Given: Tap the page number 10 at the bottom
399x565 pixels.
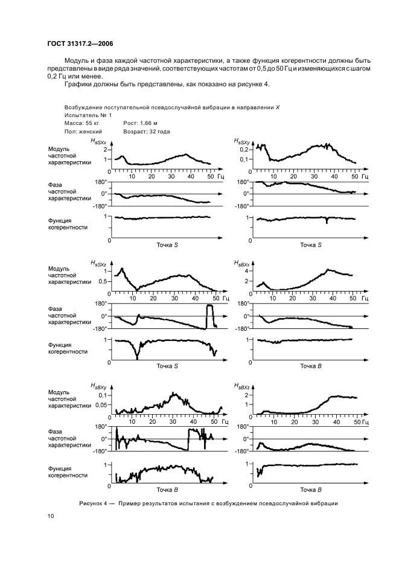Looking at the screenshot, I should [x=51, y=516].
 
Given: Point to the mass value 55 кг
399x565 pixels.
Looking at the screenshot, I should [x=94, y=123].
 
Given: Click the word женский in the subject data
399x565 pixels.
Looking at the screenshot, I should [x=89, y=130].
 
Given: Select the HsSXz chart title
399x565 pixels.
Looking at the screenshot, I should [x=98, y=264].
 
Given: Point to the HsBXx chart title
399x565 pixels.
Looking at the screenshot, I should [x=242, y=264].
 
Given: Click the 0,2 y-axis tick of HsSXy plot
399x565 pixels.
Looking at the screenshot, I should [x=244, y=148].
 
